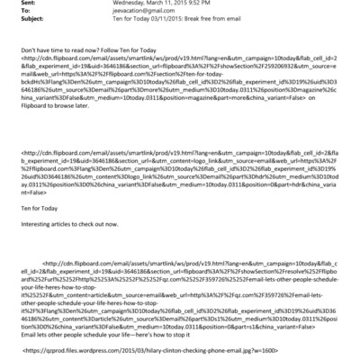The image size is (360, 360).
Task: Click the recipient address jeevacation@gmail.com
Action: point(122,13)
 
